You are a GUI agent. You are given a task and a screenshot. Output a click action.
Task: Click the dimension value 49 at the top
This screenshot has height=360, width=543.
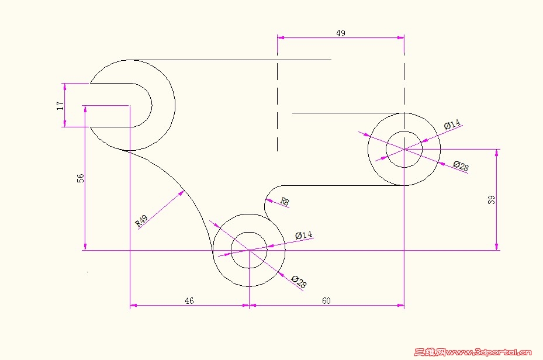point(341,33)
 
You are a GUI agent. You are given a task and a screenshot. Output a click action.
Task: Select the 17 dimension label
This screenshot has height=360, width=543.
point(60,106)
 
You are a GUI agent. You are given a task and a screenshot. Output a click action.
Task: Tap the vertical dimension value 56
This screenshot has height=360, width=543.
point(80,178)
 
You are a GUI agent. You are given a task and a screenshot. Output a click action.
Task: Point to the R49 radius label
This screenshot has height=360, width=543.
point(141,221)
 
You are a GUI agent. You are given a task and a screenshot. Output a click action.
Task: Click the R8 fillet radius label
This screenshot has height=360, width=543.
point(285,201)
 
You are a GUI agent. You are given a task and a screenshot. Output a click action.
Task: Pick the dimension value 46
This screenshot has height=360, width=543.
point(189,300)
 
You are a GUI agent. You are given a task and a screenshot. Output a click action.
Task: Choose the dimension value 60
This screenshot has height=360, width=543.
point(326,300)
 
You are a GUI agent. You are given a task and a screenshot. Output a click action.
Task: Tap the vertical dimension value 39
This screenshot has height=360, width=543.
point(492,200)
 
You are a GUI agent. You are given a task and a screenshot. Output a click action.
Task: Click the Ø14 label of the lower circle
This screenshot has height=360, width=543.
point(304,235)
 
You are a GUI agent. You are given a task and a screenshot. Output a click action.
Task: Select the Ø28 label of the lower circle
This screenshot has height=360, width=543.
point(299,282)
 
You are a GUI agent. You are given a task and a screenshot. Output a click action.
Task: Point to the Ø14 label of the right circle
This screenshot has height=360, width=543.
point(452,124)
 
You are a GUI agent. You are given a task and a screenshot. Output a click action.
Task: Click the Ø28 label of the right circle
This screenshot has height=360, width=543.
point(461,166)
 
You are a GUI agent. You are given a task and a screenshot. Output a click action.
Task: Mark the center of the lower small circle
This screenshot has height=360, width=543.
point(249,250)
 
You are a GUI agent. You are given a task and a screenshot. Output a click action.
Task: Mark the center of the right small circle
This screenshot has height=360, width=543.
point(404,149)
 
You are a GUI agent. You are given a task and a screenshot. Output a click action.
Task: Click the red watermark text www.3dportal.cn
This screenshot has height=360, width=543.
point(488,352)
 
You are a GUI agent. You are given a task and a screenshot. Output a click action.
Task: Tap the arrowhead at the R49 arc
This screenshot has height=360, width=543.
point(181,193)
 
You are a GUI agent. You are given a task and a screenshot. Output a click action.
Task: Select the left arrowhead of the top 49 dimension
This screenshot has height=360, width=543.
point(281,37)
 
